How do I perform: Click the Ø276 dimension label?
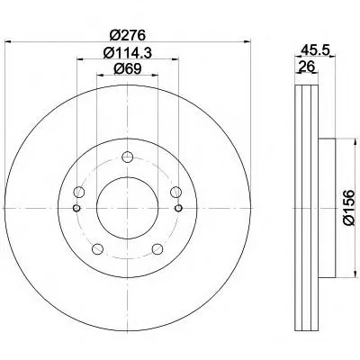128,35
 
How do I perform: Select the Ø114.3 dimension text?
128,53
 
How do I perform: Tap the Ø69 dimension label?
127,69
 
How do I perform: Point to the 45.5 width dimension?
315,49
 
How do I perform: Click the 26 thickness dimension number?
306,66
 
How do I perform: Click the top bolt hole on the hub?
128,157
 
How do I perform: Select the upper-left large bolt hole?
79,192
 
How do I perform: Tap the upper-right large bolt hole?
176,192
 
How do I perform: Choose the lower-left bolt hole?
97,248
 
